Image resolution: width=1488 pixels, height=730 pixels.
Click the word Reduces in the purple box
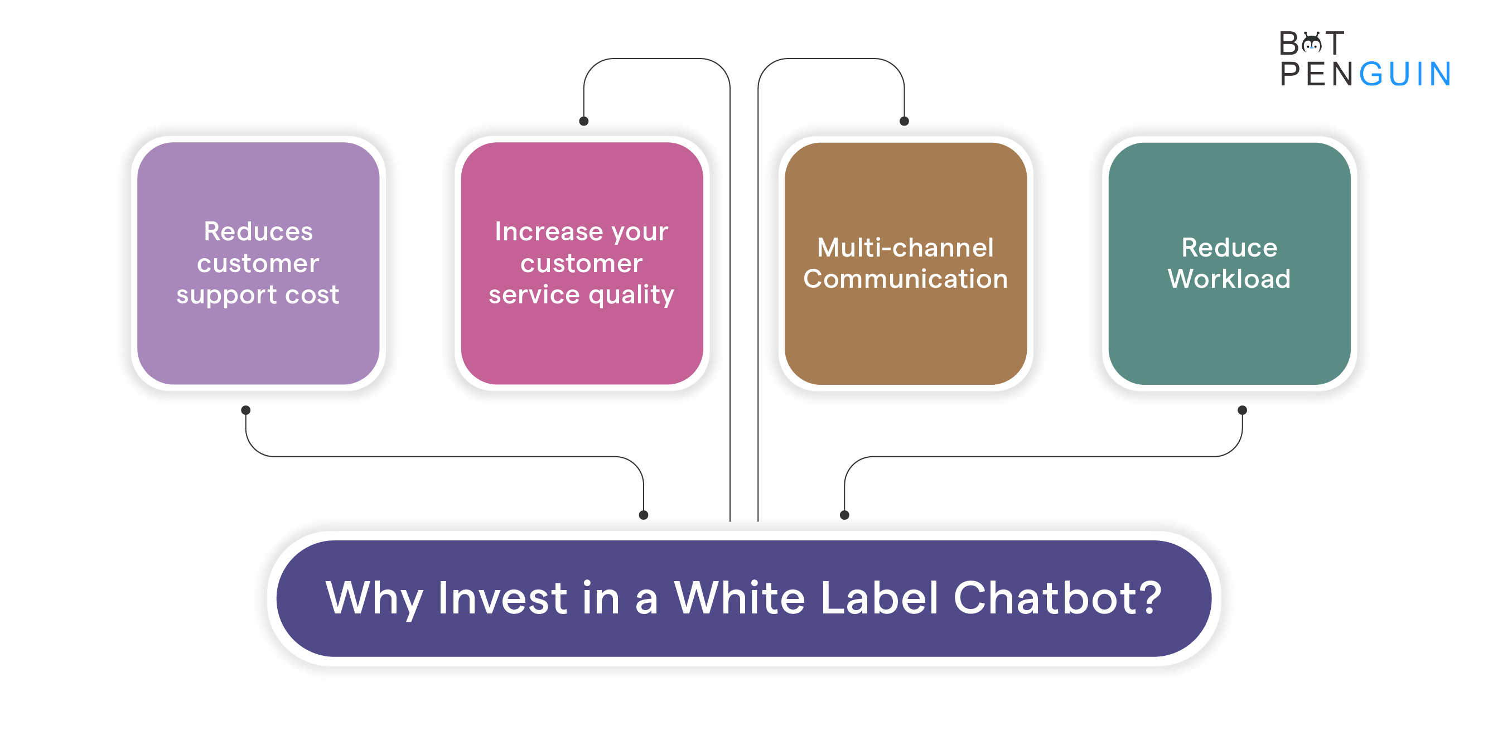(x=258, y=231)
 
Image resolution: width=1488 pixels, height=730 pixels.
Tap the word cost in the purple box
(x=312, y=295)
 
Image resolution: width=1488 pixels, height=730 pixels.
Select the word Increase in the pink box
(x=549, y=231)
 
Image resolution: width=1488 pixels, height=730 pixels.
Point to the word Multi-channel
(x=905, y=248)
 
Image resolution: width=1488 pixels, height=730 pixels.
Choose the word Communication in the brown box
(x=905, y=279)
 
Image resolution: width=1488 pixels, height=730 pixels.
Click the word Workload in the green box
(x=1229, y=279)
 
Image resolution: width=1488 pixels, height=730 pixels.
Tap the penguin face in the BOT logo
(x=1312, y=43)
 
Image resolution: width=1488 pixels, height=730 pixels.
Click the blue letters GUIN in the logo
(x=1405, y=74)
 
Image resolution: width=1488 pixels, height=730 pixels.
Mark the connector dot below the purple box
(x=245, y=410)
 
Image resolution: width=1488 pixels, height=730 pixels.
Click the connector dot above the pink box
(x=583, y=121)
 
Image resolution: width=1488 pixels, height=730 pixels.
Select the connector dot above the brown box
(x=904, y=121)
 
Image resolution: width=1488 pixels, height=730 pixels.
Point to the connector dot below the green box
(x=1242, y=410)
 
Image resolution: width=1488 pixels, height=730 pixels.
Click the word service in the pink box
(x=534, y=295)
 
